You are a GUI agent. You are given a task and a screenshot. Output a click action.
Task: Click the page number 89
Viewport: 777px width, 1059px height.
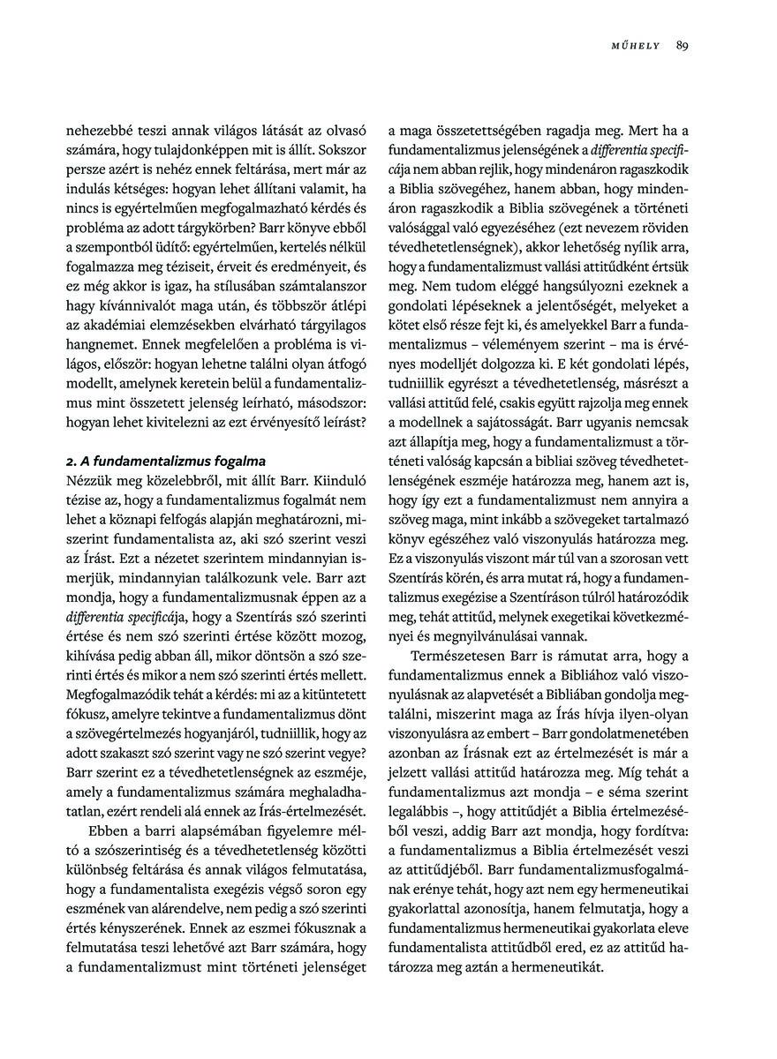tap(682, 46)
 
